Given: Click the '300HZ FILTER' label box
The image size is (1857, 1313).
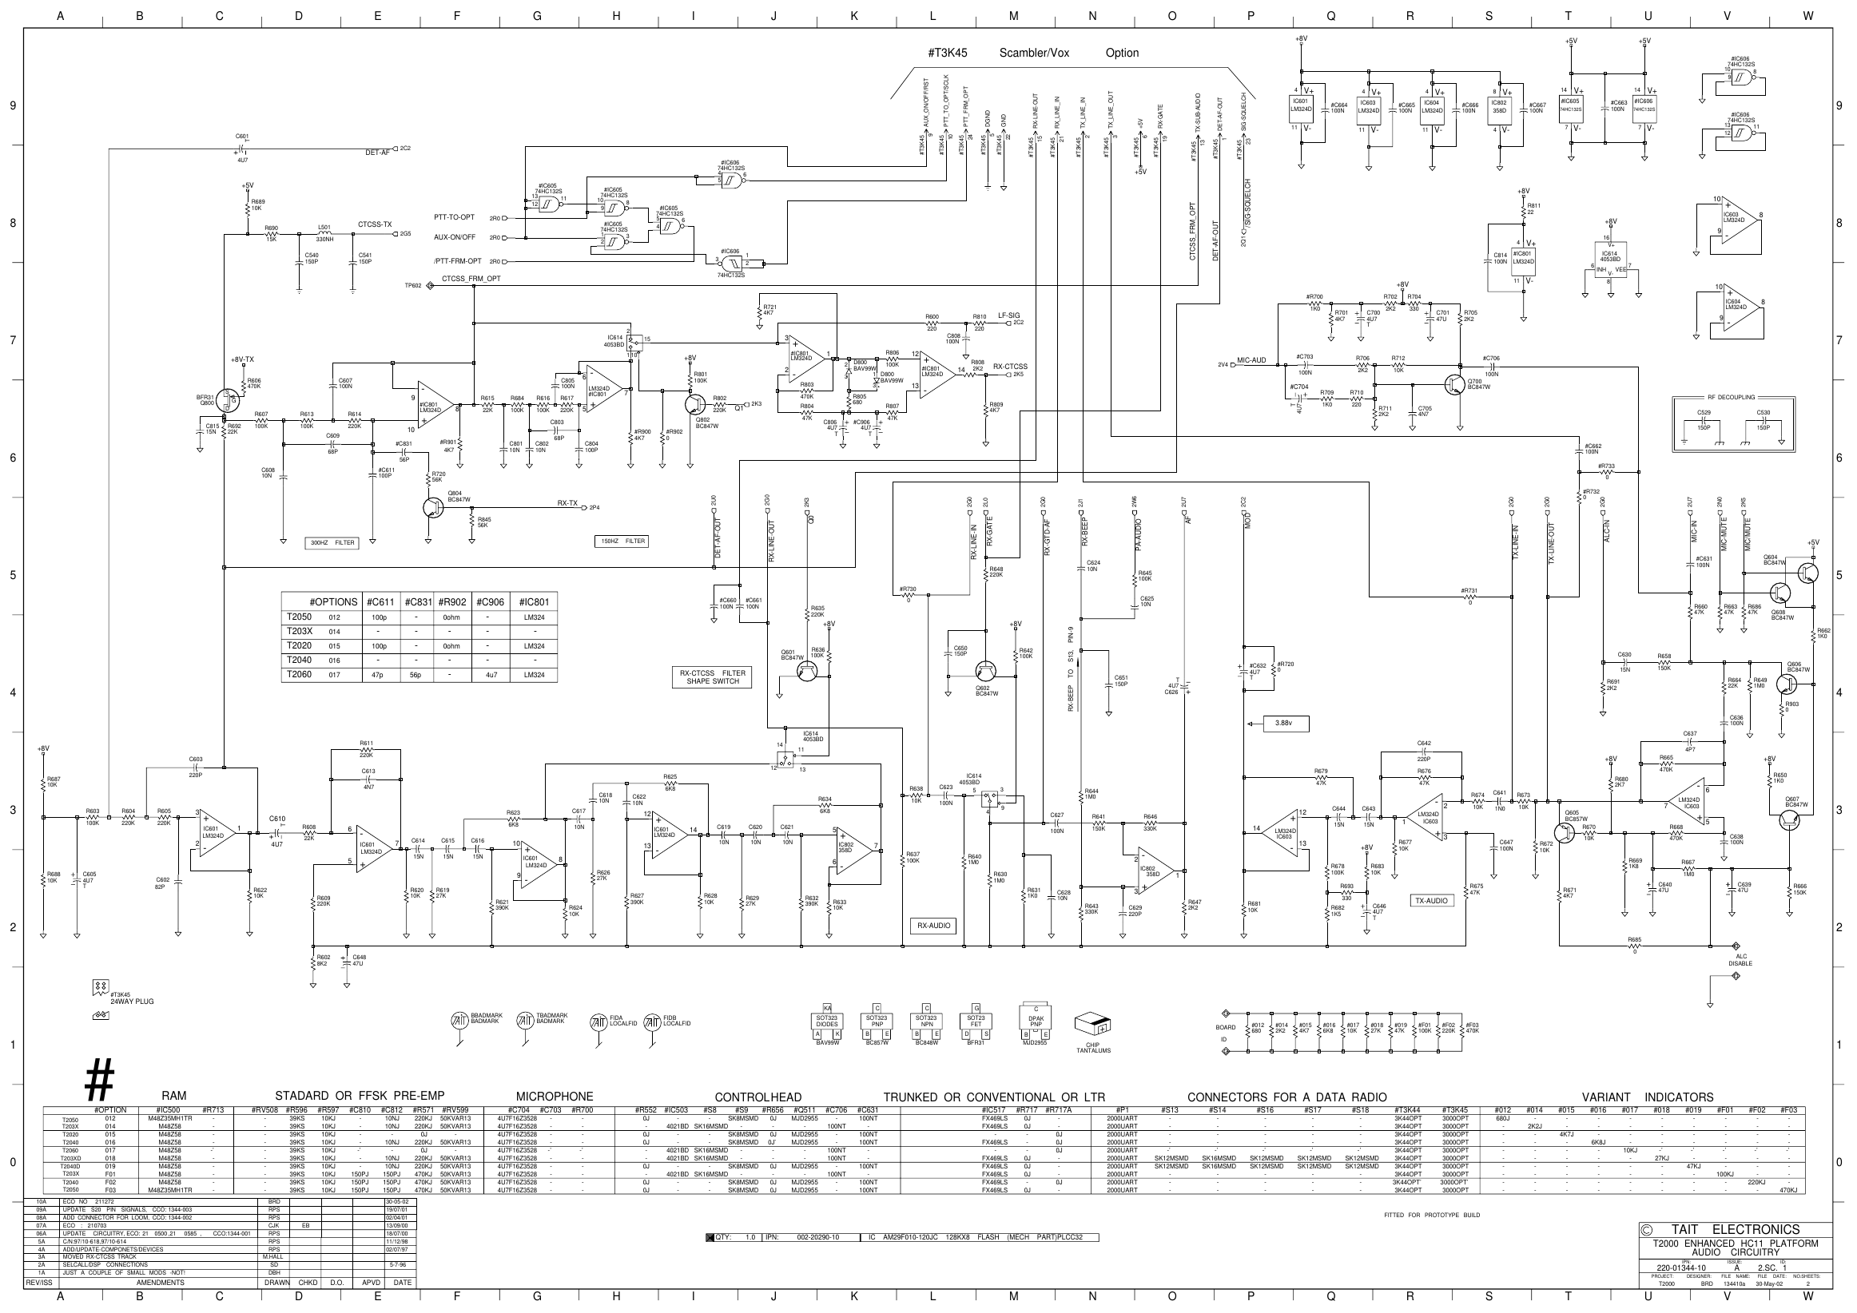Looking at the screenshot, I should click(x=333, y=542).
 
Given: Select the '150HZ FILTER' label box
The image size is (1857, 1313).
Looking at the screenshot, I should click(x=622, y=541).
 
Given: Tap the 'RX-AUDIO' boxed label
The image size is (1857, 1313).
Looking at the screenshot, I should click(x=933, y=925).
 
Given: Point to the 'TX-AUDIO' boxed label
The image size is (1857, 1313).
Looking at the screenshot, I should click(x=1432, y=900).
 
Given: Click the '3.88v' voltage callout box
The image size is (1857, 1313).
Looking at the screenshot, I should click(x=1282, y=723).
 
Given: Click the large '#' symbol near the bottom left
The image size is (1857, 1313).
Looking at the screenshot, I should click(x=99, y=1079).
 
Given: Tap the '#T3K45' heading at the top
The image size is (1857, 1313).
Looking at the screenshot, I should click(x=947, y=54).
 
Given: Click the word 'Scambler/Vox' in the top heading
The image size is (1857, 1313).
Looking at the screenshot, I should click(x=1034, y=54).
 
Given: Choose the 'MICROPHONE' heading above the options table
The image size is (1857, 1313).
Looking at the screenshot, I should click(x=554, y=1097).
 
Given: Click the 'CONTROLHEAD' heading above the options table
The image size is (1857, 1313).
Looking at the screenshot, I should click(x=758, y=1097).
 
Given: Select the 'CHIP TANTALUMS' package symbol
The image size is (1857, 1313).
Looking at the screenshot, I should click(x=1092, y=1027).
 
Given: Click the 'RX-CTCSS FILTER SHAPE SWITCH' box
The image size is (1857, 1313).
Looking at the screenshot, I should click(x=713, y=676).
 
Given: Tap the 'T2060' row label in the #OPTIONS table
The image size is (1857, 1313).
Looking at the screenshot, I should click(x=300, y=674).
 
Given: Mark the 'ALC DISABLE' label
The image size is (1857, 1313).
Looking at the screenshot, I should click(x=1740, y=960).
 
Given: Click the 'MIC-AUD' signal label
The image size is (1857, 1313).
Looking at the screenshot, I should click(x=1251, y=360).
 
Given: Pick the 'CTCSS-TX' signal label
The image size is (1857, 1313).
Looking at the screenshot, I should click(x=375, y=224).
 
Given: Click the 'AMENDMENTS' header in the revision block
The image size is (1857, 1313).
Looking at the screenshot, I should click(x=160, y=1283).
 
